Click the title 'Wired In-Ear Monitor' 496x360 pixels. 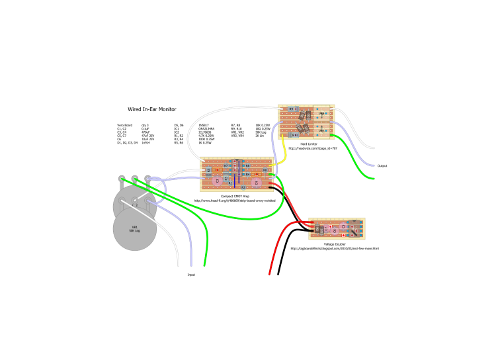(152, 110)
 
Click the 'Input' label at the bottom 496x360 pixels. (191, 274)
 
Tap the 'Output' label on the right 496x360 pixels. (382, 165)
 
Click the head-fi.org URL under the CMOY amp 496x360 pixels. (234, 201)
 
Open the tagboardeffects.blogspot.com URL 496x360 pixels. (335, 249)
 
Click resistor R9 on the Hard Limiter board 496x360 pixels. (291, 109)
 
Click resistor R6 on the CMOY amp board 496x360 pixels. (265, 170)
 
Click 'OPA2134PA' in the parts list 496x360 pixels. (208, 128)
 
